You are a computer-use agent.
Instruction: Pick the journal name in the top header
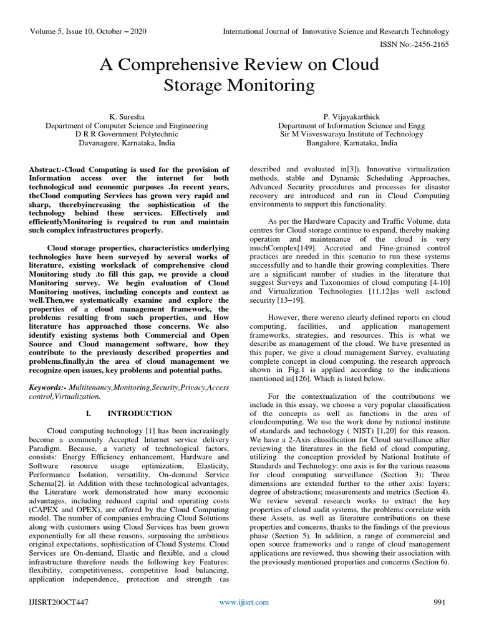point(336,31)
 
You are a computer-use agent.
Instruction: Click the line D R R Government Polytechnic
point(127,133)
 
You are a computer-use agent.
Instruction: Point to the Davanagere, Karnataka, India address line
point(127,143)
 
